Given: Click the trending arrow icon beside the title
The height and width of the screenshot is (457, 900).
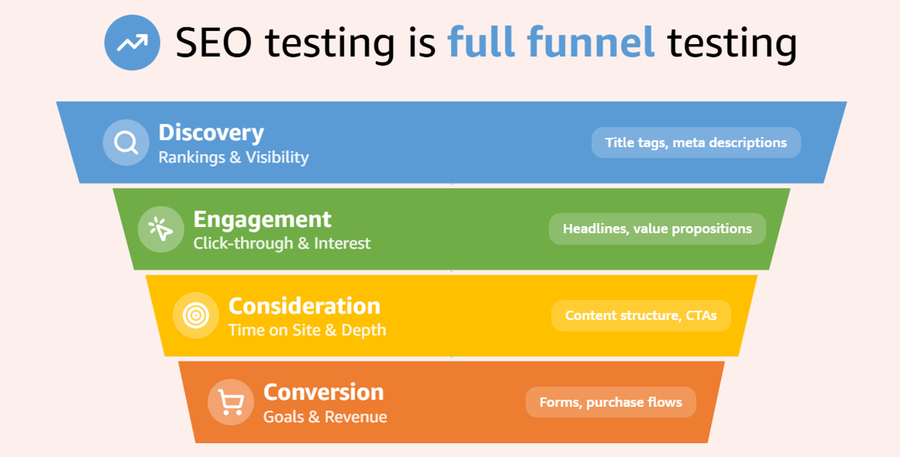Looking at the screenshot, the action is [132, 42].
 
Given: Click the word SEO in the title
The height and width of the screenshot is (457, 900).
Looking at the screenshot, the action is [213, 42].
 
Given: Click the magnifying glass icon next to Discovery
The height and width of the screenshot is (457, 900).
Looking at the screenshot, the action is [126, 142].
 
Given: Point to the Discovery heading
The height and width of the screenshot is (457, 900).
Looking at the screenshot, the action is [212, 133].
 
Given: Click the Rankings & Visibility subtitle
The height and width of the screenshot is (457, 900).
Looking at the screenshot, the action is [234, 157].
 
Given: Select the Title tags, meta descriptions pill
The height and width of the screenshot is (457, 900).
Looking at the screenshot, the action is [696, 142].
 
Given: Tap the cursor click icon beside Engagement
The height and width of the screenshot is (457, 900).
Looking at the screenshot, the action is [161, 229].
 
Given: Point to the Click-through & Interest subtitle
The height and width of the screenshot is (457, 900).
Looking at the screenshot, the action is [282, 244].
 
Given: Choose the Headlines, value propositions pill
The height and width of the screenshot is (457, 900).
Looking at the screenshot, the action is [657, 229].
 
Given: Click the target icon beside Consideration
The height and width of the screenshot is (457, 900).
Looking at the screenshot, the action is [195, 315].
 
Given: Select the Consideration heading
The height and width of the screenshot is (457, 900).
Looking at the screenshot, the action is [304, 306].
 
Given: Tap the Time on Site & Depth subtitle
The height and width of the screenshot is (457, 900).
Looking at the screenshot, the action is [307, 330].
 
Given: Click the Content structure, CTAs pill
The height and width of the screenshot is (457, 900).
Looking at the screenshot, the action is [641, 316].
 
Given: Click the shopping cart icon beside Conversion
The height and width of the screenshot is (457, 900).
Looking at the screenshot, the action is [231, 402].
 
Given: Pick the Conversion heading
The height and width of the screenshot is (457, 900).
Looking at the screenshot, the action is [324, 392].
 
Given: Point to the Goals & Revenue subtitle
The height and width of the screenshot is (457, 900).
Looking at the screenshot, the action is [325, 417].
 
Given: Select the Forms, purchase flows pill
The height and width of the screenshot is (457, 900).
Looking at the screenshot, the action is [611, 402].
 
